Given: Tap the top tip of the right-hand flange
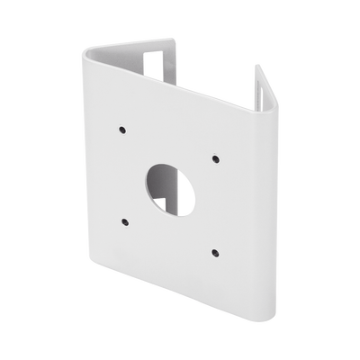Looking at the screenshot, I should point(257,66).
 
